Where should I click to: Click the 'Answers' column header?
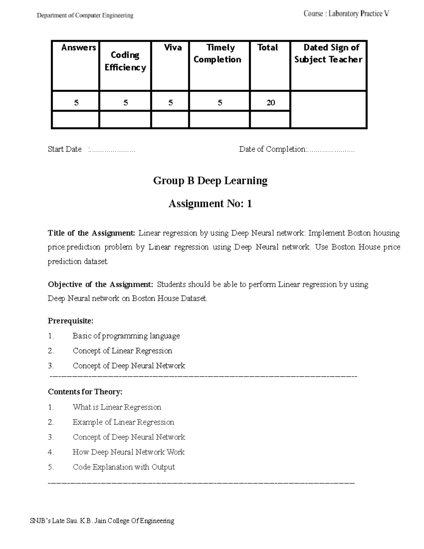pos(78,48)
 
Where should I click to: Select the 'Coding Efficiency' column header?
pos(125,61)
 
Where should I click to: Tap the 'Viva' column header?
pos(173,48)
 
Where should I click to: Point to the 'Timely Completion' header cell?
pos(218,53)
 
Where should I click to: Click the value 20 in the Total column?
pos(271,103)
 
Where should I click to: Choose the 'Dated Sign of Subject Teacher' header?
pos(329,53)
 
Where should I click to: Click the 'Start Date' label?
pos(65,149)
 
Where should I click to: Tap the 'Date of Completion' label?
pos(272,149)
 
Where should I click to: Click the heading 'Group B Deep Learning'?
pos(210,181)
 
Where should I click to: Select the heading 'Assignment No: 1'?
pos(210,204)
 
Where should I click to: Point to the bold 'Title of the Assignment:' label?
pos(92,233)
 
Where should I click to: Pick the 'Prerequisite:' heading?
pos(71,321)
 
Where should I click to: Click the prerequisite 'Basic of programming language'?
pos(126,336)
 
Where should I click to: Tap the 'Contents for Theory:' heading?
pos(85,392)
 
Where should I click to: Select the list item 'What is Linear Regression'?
pos(117,407)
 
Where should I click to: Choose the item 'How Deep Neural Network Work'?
pos(129,452)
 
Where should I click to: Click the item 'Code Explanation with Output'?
pos(124,467)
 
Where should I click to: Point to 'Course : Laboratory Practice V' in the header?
pos(346,14)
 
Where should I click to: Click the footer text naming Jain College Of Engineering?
pos(102,521)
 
